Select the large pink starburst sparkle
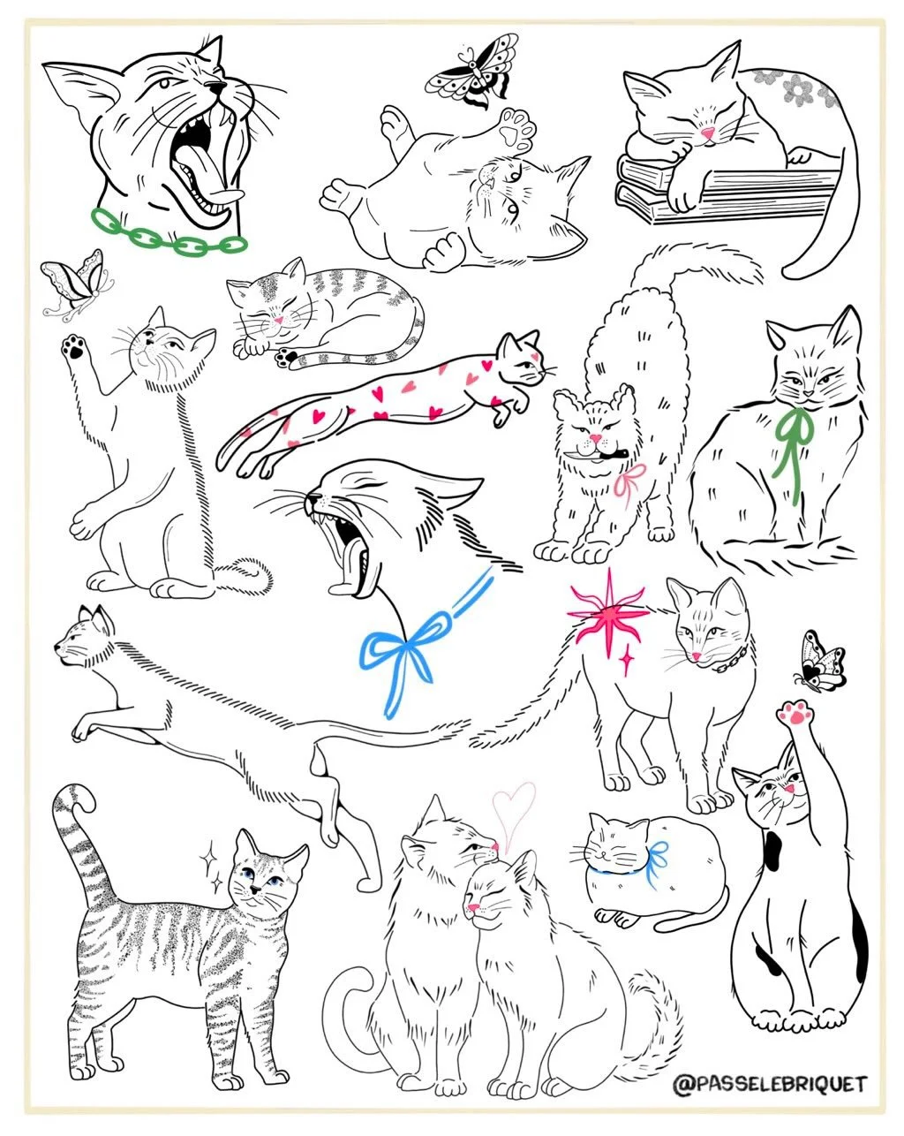point(608,614)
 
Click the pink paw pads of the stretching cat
point(795,713)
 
